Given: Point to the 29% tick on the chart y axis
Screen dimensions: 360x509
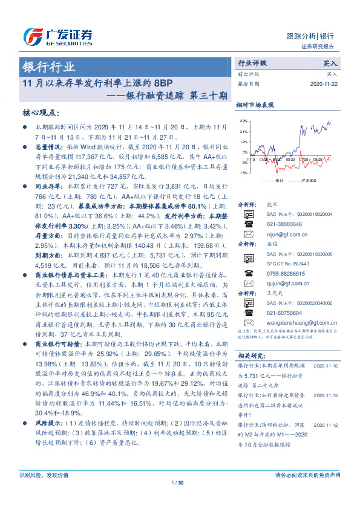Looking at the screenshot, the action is tap(243, 121).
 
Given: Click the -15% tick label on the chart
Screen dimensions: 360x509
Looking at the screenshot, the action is tap(243, 173).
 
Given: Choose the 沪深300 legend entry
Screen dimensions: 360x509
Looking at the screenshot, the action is tap(298, 181).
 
